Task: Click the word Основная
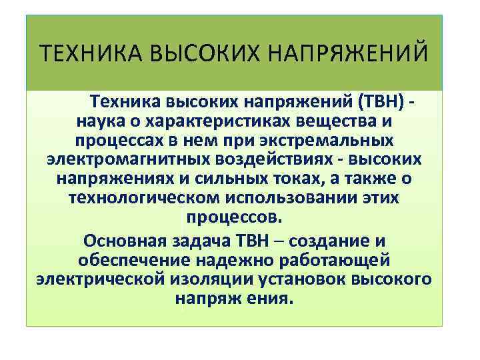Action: pos(124,240)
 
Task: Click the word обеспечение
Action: pos(133,259)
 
